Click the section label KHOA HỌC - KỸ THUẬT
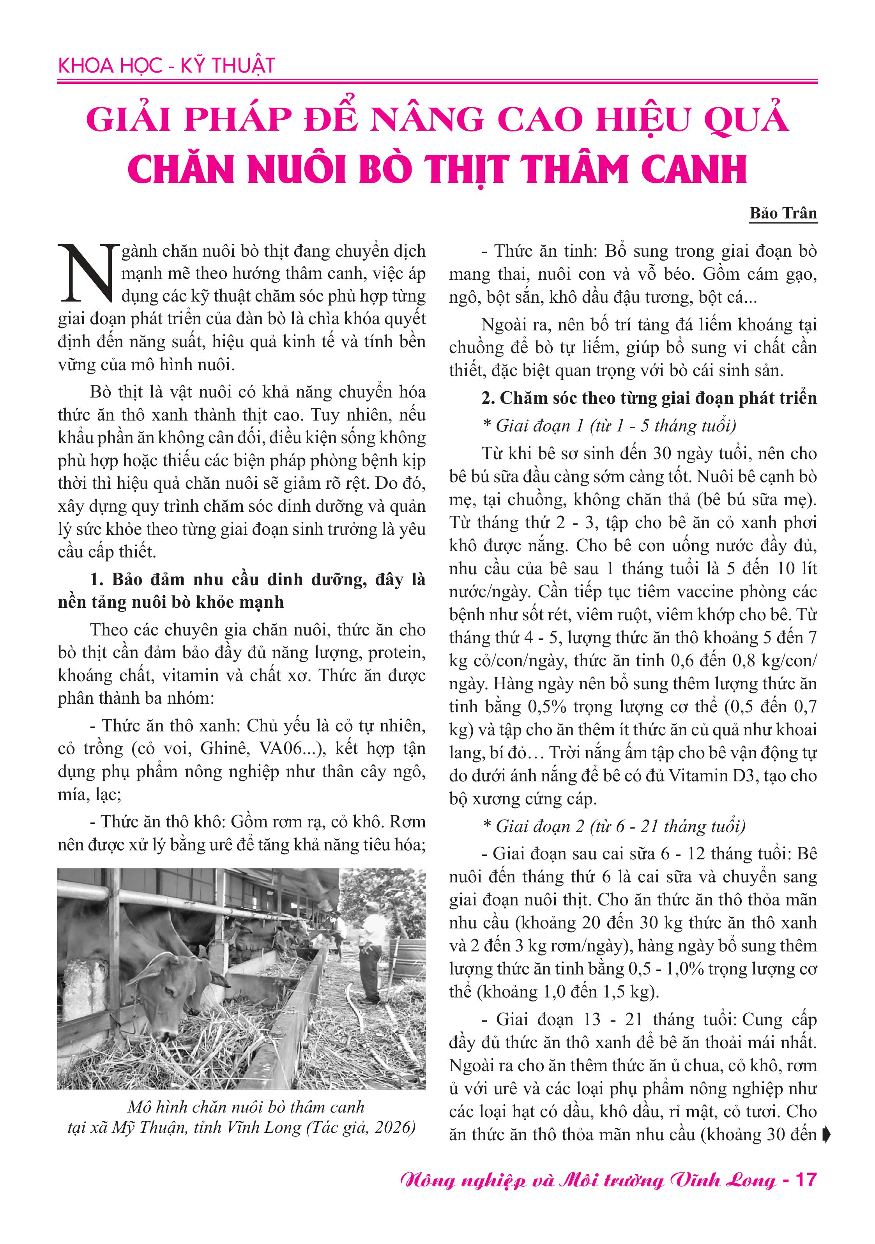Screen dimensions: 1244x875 [x=166, y=66]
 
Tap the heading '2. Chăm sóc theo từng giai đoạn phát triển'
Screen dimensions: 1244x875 [x=649, y=398]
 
